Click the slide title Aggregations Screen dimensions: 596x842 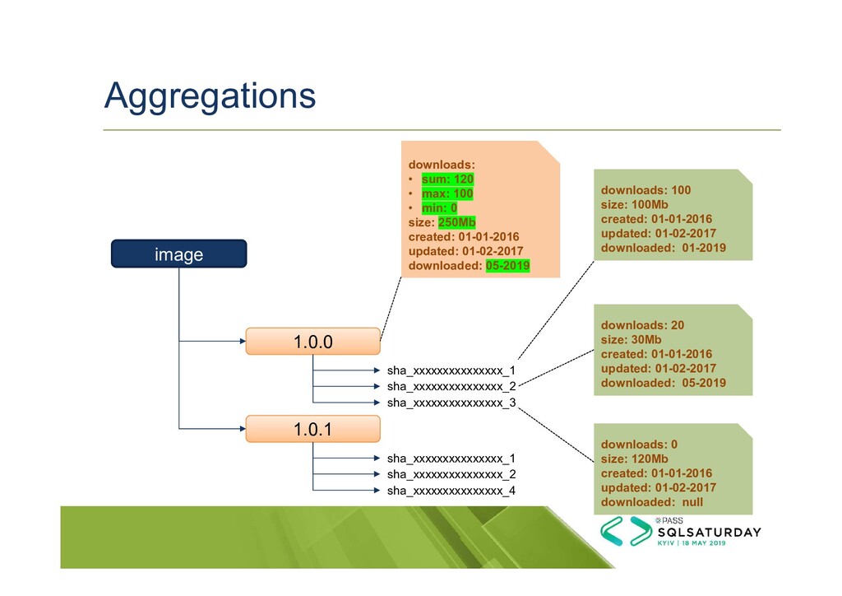(210, 95)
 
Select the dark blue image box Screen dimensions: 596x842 (179, 254)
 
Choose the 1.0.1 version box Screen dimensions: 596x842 (313, 429)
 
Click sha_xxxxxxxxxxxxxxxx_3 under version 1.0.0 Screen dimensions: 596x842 (451, 403)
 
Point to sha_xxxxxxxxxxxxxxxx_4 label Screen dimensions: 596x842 (451, 491)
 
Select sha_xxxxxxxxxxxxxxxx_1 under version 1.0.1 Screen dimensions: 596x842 (451, 458)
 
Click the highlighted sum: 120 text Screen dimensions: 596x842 (447, 179)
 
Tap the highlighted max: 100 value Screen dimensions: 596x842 (446, 193)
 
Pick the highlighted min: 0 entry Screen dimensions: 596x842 (439, 207)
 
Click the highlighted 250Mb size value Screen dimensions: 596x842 (457, 222)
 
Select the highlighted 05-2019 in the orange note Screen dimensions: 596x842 (507, 266)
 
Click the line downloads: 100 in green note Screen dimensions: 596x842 (646, 190)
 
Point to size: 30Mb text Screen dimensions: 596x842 (631, 339)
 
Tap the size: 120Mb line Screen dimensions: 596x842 (634, 459)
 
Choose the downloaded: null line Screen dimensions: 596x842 (652, 502)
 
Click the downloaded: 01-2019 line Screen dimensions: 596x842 (664, 248)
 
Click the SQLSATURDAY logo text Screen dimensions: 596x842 (706, 532)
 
